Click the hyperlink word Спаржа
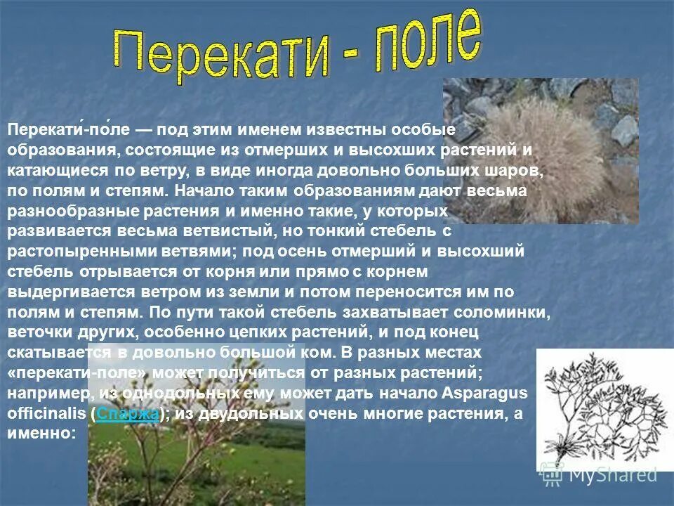click(x=128, y=414)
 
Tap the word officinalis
click(x=46, y=414)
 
